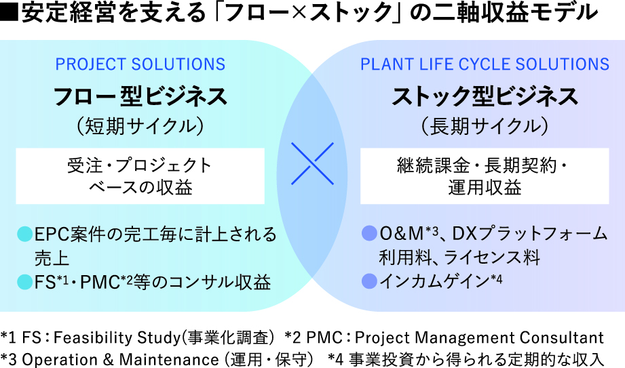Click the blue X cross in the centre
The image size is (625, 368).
point(312,163)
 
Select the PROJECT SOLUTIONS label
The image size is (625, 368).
point(140,64)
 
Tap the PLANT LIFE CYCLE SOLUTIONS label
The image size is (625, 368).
point(485,64)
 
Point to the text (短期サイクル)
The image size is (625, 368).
point(140,126)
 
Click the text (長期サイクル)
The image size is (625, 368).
point(485,126)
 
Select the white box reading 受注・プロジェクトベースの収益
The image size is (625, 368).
point(140,176)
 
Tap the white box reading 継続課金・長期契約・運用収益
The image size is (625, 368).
point(485,176)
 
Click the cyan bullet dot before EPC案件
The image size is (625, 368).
point(24,236)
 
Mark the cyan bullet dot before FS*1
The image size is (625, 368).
point(24,281)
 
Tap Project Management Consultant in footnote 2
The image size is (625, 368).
point(479,338)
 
